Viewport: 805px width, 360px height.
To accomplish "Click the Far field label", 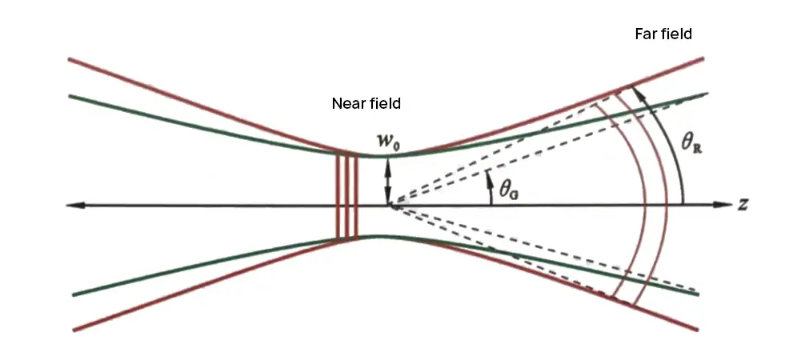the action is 663,34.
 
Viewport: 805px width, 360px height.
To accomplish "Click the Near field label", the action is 366,103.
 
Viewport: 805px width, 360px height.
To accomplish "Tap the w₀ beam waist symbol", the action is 388,140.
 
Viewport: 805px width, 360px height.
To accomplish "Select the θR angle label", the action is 691,142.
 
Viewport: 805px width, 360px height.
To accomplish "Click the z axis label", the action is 742,204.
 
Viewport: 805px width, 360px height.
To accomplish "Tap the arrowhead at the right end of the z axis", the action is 726,204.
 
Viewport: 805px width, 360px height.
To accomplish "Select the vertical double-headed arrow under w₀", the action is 388,181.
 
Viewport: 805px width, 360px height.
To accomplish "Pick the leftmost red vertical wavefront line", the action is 338,196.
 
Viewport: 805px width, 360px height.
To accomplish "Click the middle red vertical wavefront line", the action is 347,196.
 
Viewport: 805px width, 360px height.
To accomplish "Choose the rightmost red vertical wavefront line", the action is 355,196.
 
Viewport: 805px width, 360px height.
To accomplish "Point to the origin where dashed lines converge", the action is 392,206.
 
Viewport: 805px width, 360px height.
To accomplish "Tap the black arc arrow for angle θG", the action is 490,187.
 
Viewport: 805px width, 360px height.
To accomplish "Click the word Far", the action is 646,34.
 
